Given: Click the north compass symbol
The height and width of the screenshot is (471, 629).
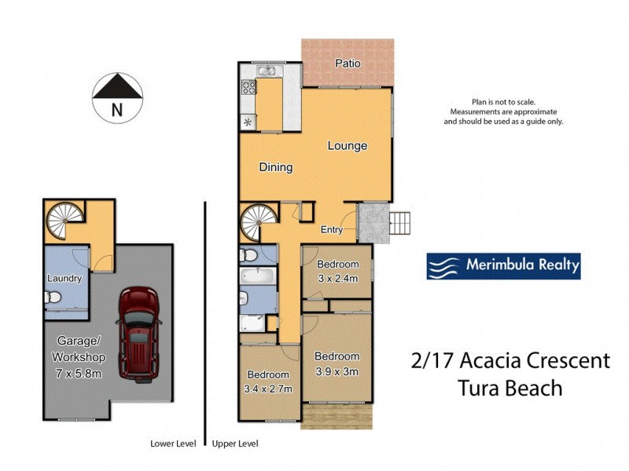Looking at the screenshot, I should (116, 97).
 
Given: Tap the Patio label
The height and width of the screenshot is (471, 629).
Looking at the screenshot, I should (348, 63).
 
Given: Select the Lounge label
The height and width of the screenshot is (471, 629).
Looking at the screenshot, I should (347, 146).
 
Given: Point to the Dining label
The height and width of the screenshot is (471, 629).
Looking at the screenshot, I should (275, 167).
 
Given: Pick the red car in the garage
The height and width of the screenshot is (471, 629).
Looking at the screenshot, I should (139, 328).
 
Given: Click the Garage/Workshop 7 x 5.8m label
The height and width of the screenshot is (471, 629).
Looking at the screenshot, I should (79, 357).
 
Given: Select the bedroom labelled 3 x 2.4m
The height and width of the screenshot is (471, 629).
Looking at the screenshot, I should (337, 271).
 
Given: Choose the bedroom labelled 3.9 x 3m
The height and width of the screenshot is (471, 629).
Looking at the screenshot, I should (337, 363).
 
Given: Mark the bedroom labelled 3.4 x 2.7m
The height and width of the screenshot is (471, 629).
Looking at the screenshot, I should (268, 382).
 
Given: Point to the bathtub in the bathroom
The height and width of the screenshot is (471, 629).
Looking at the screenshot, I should (258, 276).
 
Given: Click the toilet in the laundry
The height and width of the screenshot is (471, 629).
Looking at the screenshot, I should (53, 299).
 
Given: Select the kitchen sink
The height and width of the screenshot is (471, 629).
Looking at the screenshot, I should (268, 72).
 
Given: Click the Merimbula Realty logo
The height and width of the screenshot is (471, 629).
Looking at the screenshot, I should (503, 266).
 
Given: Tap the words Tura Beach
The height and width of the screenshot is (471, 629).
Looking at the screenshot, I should (510, 387).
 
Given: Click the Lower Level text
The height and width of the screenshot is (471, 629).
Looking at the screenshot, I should (173, 444).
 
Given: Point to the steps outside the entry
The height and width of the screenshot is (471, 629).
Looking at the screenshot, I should (401, 223).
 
